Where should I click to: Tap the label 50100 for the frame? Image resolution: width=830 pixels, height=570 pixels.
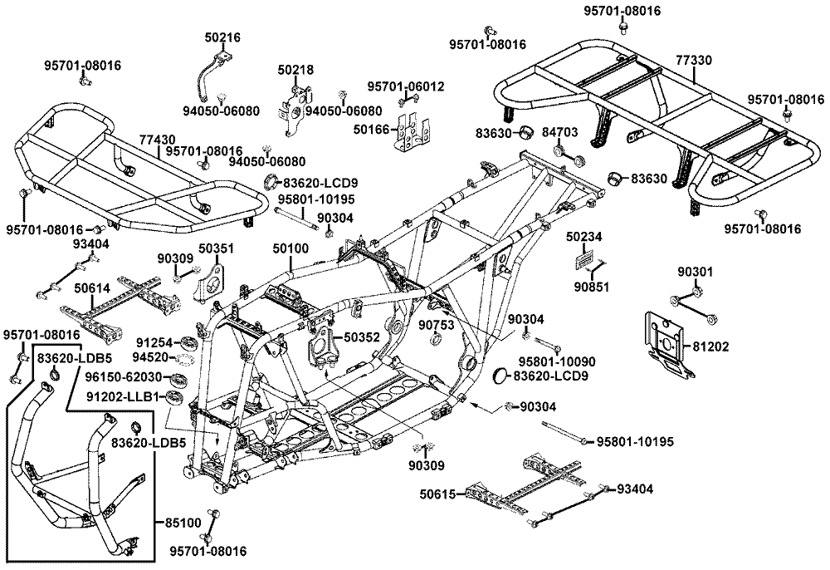(290, 248)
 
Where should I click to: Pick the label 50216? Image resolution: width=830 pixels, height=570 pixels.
(222, 37)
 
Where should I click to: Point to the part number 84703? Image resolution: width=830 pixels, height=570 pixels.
(583, 131)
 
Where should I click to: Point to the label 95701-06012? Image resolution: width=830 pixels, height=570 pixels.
(406, 86)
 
